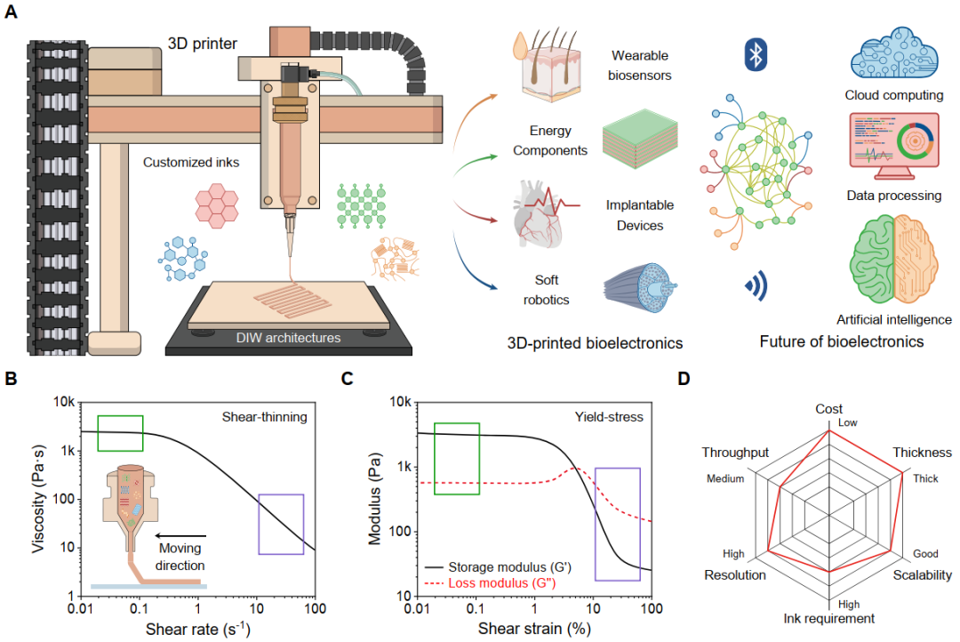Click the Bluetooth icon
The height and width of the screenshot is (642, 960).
coord(755,56)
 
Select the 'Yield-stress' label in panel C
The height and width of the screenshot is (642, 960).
coord(611,415)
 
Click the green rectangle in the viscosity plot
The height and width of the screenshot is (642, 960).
coord(120,432)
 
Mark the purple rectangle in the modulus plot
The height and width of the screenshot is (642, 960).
coord(617,524)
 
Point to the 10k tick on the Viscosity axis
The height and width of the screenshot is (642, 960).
coord(62,403)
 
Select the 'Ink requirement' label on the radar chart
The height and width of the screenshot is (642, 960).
coord(828,618)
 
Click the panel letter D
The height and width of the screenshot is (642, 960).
coord(684,378)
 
